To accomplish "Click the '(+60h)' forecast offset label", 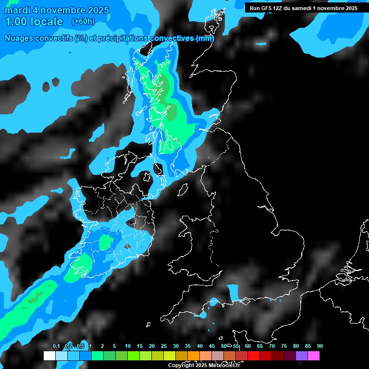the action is (x=83, y=21).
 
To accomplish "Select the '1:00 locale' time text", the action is (x=34, y=22).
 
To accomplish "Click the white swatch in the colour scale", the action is (x=49, y=356).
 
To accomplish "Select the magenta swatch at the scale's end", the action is (x=314, y=356).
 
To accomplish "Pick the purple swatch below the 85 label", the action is (x=302, y=356).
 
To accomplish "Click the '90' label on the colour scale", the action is (x=320, y=346).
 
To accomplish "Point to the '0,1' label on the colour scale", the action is (x=56, y=346).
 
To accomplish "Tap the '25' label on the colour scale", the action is (x=164, y=346).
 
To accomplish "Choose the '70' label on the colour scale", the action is (x=272, y=346).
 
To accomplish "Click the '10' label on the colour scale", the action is (x=128, y=346).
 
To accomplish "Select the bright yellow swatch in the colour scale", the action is (x=169, y=356).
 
